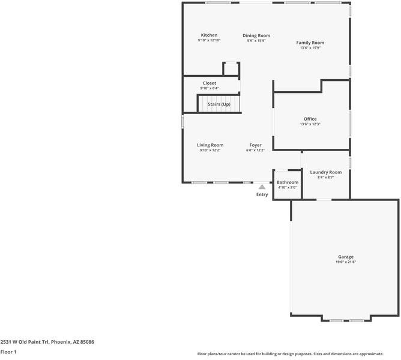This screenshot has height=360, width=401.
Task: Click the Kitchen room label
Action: click(209, 35)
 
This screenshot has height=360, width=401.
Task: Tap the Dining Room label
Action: click(256, 35)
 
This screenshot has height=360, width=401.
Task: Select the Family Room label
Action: click(310, 43)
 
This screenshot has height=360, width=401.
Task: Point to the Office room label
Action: click(310, 119)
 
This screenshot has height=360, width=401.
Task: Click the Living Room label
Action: click(210, 145)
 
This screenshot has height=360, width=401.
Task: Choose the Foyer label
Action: click(255, 145)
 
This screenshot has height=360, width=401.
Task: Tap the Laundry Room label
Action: click(325, 172)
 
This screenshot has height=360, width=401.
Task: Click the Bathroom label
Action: click(287, 182)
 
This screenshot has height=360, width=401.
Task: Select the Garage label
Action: click(345, 257)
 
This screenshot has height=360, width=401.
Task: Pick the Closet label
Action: click(210, 83)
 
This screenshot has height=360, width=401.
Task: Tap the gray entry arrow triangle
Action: click(262, 187)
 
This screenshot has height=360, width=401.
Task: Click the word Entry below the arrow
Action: click(262, 194)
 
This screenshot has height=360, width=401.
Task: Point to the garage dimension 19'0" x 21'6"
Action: click(345, 262)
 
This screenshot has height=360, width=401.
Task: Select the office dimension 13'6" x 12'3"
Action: click(310, 124)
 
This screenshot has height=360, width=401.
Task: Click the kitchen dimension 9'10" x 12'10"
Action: click(209, 40)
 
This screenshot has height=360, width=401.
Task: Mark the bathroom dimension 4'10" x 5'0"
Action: click(287, 187)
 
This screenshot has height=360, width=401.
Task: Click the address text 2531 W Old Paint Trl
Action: click(47, 342)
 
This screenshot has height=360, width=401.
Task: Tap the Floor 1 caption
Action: click(8, 352)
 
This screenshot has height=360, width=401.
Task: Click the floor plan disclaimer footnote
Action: click(298, 354)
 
